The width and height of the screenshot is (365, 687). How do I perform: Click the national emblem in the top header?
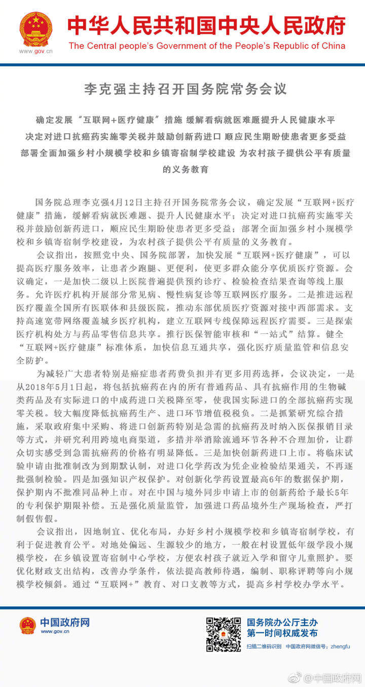pyautogui.click(x=35, y=29)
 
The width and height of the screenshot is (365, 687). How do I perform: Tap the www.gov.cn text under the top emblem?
pyautogui.click(x=35, y=51)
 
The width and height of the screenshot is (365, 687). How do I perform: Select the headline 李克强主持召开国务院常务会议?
pyautogui.click(x=185, y=89)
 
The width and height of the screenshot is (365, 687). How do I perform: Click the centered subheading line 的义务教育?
pyautogui.click(x=186, y=169)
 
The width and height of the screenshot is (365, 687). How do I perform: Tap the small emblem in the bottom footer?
pyautogui.click(x=28, y=626)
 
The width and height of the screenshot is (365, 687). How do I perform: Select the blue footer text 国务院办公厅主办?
pyautogui.click(x=282, y=623)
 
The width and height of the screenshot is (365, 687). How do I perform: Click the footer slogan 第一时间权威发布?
pyautogui.click(x=282, y=633)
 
